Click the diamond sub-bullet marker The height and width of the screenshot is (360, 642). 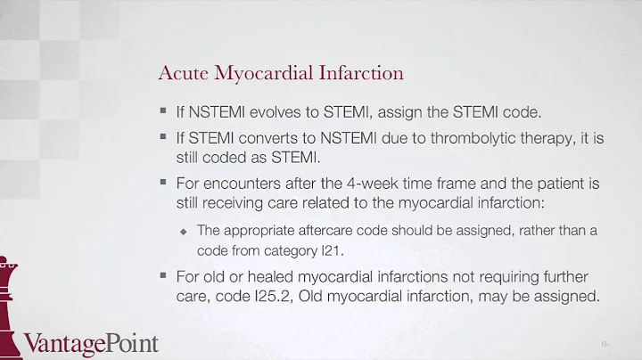[185, 231]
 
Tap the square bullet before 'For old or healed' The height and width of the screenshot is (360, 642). [163, 274]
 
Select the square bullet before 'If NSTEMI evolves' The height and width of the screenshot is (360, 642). [163, 113]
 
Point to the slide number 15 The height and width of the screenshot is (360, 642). [605, 342]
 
